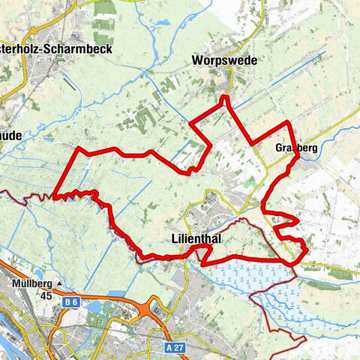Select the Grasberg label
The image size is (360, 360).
coord(296,148)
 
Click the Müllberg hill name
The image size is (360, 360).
coord(31,284)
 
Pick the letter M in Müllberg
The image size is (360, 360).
coord(16,284)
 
